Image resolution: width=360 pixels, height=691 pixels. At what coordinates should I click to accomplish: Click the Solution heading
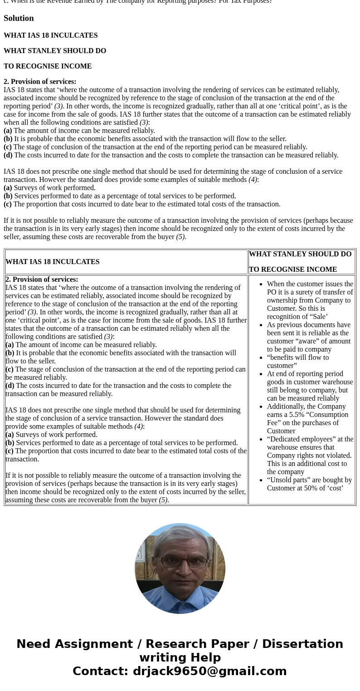click(x=19, y=18)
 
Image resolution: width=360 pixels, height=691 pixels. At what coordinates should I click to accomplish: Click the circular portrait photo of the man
click(x=180, y=568)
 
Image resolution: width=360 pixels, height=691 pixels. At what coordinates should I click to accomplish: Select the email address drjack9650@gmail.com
click(x=209, y=671)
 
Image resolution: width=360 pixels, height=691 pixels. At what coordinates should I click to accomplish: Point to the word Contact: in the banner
click(x=100, y=671)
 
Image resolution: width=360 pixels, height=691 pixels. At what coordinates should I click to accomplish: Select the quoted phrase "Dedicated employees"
click(x=300, y=439)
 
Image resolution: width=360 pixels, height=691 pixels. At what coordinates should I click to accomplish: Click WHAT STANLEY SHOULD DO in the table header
click(x=300, y=254)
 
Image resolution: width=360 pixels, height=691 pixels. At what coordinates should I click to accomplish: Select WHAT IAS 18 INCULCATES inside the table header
click(x=52, y=262)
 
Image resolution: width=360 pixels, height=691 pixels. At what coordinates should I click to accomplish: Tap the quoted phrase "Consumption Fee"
click(x=308, y=419)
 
